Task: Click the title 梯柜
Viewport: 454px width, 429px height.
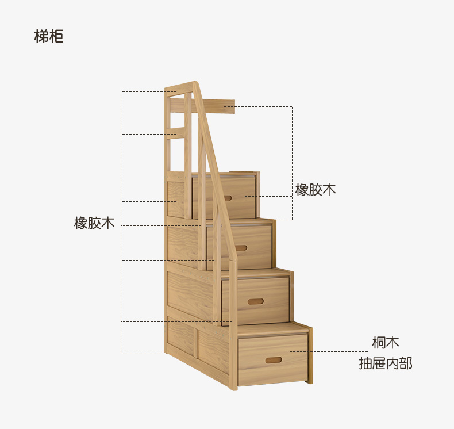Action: [49, 37]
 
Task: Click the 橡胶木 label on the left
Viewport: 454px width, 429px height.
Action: [94, 223]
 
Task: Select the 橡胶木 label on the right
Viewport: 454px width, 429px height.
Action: [316, 190]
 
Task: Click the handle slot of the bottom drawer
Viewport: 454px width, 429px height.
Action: [274, 360]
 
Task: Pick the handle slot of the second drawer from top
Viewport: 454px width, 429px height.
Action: [240, 248]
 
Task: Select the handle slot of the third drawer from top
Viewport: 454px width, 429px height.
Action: [256, 301]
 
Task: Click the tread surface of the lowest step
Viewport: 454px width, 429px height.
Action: [270, 329]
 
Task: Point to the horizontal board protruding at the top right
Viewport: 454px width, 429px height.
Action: [221, 106]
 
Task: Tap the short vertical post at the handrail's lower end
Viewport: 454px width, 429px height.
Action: [234, 322]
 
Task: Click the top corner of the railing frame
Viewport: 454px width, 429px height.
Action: [194, 85]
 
